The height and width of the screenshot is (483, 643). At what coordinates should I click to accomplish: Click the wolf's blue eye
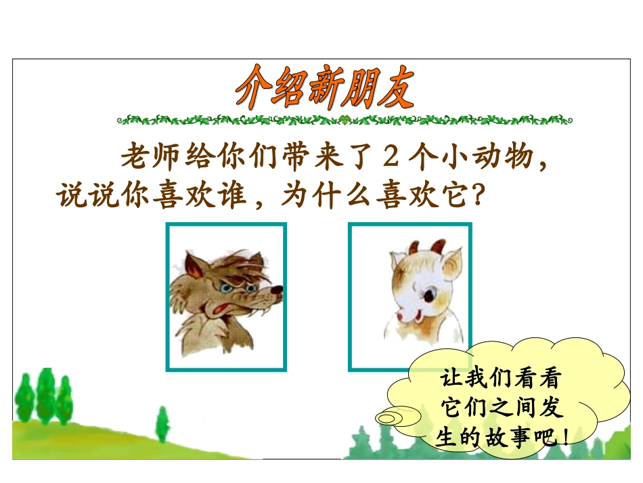[x=235, y=289]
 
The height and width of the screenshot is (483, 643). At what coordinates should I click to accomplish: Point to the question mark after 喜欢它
[x=477, y=196]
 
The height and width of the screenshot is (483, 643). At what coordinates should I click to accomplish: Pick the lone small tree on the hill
[x=162, y=425]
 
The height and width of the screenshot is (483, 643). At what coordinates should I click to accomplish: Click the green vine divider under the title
[x=344, y=120]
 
